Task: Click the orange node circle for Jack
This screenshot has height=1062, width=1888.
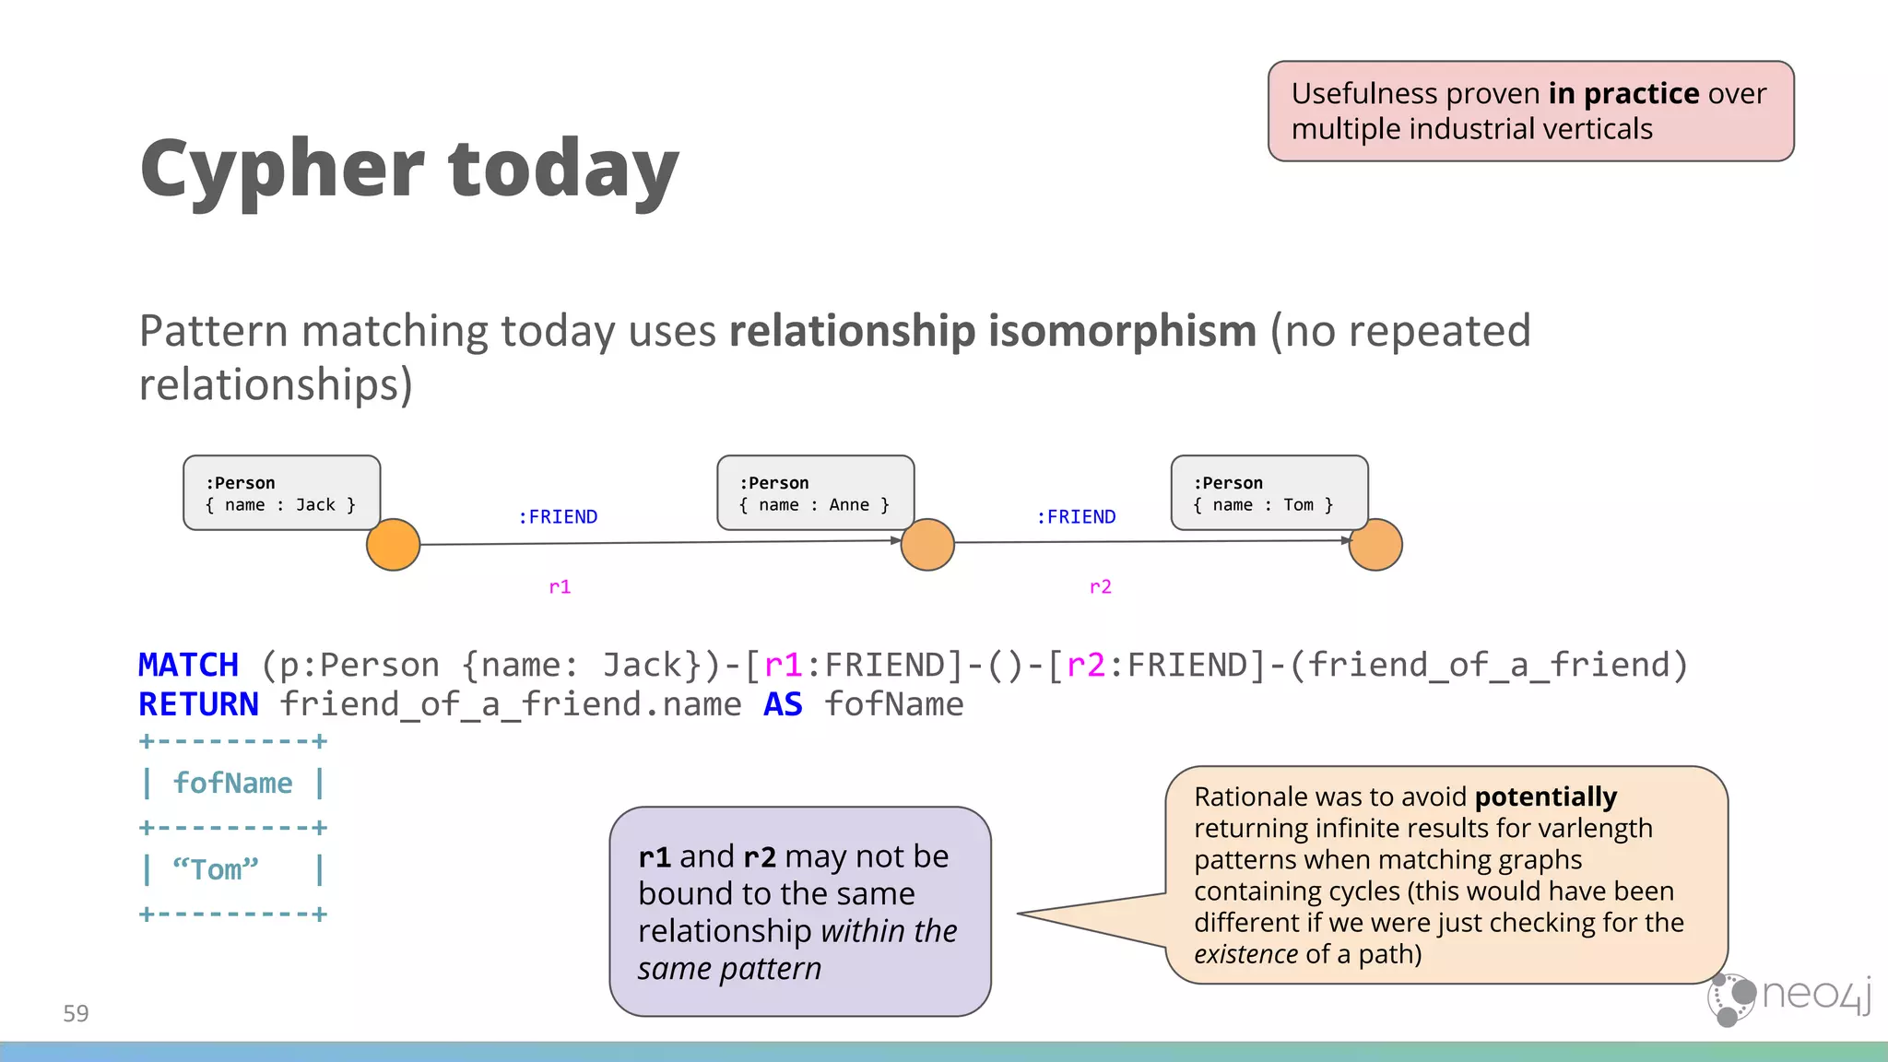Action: click(394, 545)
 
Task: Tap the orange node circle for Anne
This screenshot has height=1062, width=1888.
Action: click(927, 545)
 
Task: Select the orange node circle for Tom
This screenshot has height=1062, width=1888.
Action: click(1375, 545)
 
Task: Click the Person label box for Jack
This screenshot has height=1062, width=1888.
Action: click(281, 493)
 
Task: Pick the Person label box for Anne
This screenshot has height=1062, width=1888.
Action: click(815, 493)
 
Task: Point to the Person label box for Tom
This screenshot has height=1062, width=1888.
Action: click(1268, 493)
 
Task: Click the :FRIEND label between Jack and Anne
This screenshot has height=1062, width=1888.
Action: click(558, 517)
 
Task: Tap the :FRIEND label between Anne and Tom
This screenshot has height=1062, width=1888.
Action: click(1076, 517)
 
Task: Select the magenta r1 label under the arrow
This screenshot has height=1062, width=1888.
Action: click(560, 587)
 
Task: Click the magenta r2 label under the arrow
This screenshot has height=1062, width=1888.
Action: click(1100, 587)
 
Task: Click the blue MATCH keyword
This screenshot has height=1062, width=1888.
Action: click(188, 665)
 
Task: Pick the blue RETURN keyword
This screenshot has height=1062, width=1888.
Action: click(198, 704)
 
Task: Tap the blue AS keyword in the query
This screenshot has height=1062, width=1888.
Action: click(783, 704)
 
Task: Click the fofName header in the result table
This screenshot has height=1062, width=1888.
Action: click(232, 784)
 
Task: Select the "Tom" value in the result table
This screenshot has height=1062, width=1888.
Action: click(216, 869)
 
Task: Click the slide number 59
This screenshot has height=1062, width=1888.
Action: click(76, 1014)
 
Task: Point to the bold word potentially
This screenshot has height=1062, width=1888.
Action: click(1545, 796)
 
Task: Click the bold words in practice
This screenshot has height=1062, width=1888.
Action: click(1623, 94)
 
